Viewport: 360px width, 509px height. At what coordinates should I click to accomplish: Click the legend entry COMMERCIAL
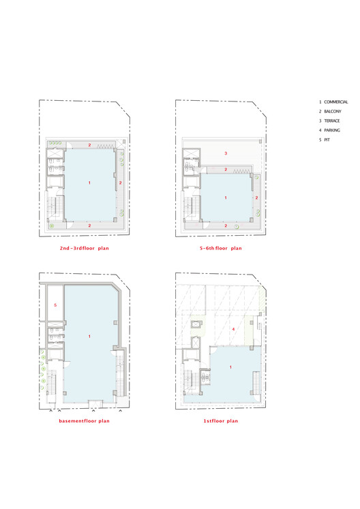tap(336, 102)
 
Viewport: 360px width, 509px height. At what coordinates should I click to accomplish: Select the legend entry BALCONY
tap(333, 111)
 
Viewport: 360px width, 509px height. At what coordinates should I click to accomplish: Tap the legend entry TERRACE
tap(332, 121)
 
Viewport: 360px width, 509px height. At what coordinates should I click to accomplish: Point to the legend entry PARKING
tap(332, 130)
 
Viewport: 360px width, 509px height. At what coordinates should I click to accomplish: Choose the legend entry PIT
tap(327, 140)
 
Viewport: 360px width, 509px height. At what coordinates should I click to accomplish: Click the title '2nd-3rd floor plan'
tap(84, 248)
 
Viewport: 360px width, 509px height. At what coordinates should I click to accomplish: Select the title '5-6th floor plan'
tap(221, 248)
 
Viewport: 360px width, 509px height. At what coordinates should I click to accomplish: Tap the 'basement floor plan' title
tap(84, 421)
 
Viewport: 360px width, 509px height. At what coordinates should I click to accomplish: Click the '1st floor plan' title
tap(221, 421)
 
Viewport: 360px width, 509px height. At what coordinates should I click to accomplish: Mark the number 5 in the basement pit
tap(55, 305)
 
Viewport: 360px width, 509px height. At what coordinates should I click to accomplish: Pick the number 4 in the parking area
tap(233, 329)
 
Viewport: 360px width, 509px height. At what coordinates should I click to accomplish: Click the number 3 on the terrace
tap(226, 153)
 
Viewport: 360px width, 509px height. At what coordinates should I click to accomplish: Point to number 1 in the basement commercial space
tap(90, 337)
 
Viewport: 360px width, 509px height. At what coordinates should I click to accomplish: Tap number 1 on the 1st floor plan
tap(230, 367)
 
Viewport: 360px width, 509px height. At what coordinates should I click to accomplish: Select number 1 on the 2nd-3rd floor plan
tap(90, 183)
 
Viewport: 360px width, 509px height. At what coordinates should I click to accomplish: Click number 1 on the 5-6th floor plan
tap(226, 198)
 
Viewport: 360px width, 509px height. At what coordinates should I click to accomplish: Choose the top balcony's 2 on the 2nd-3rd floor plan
tap(90, 145)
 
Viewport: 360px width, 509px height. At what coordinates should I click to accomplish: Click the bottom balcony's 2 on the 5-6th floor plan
tap(226, 226)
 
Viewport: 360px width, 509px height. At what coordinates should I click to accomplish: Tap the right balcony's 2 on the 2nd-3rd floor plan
tap(120, 183)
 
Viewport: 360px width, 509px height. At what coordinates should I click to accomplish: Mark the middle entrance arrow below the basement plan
tap(93, 411)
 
